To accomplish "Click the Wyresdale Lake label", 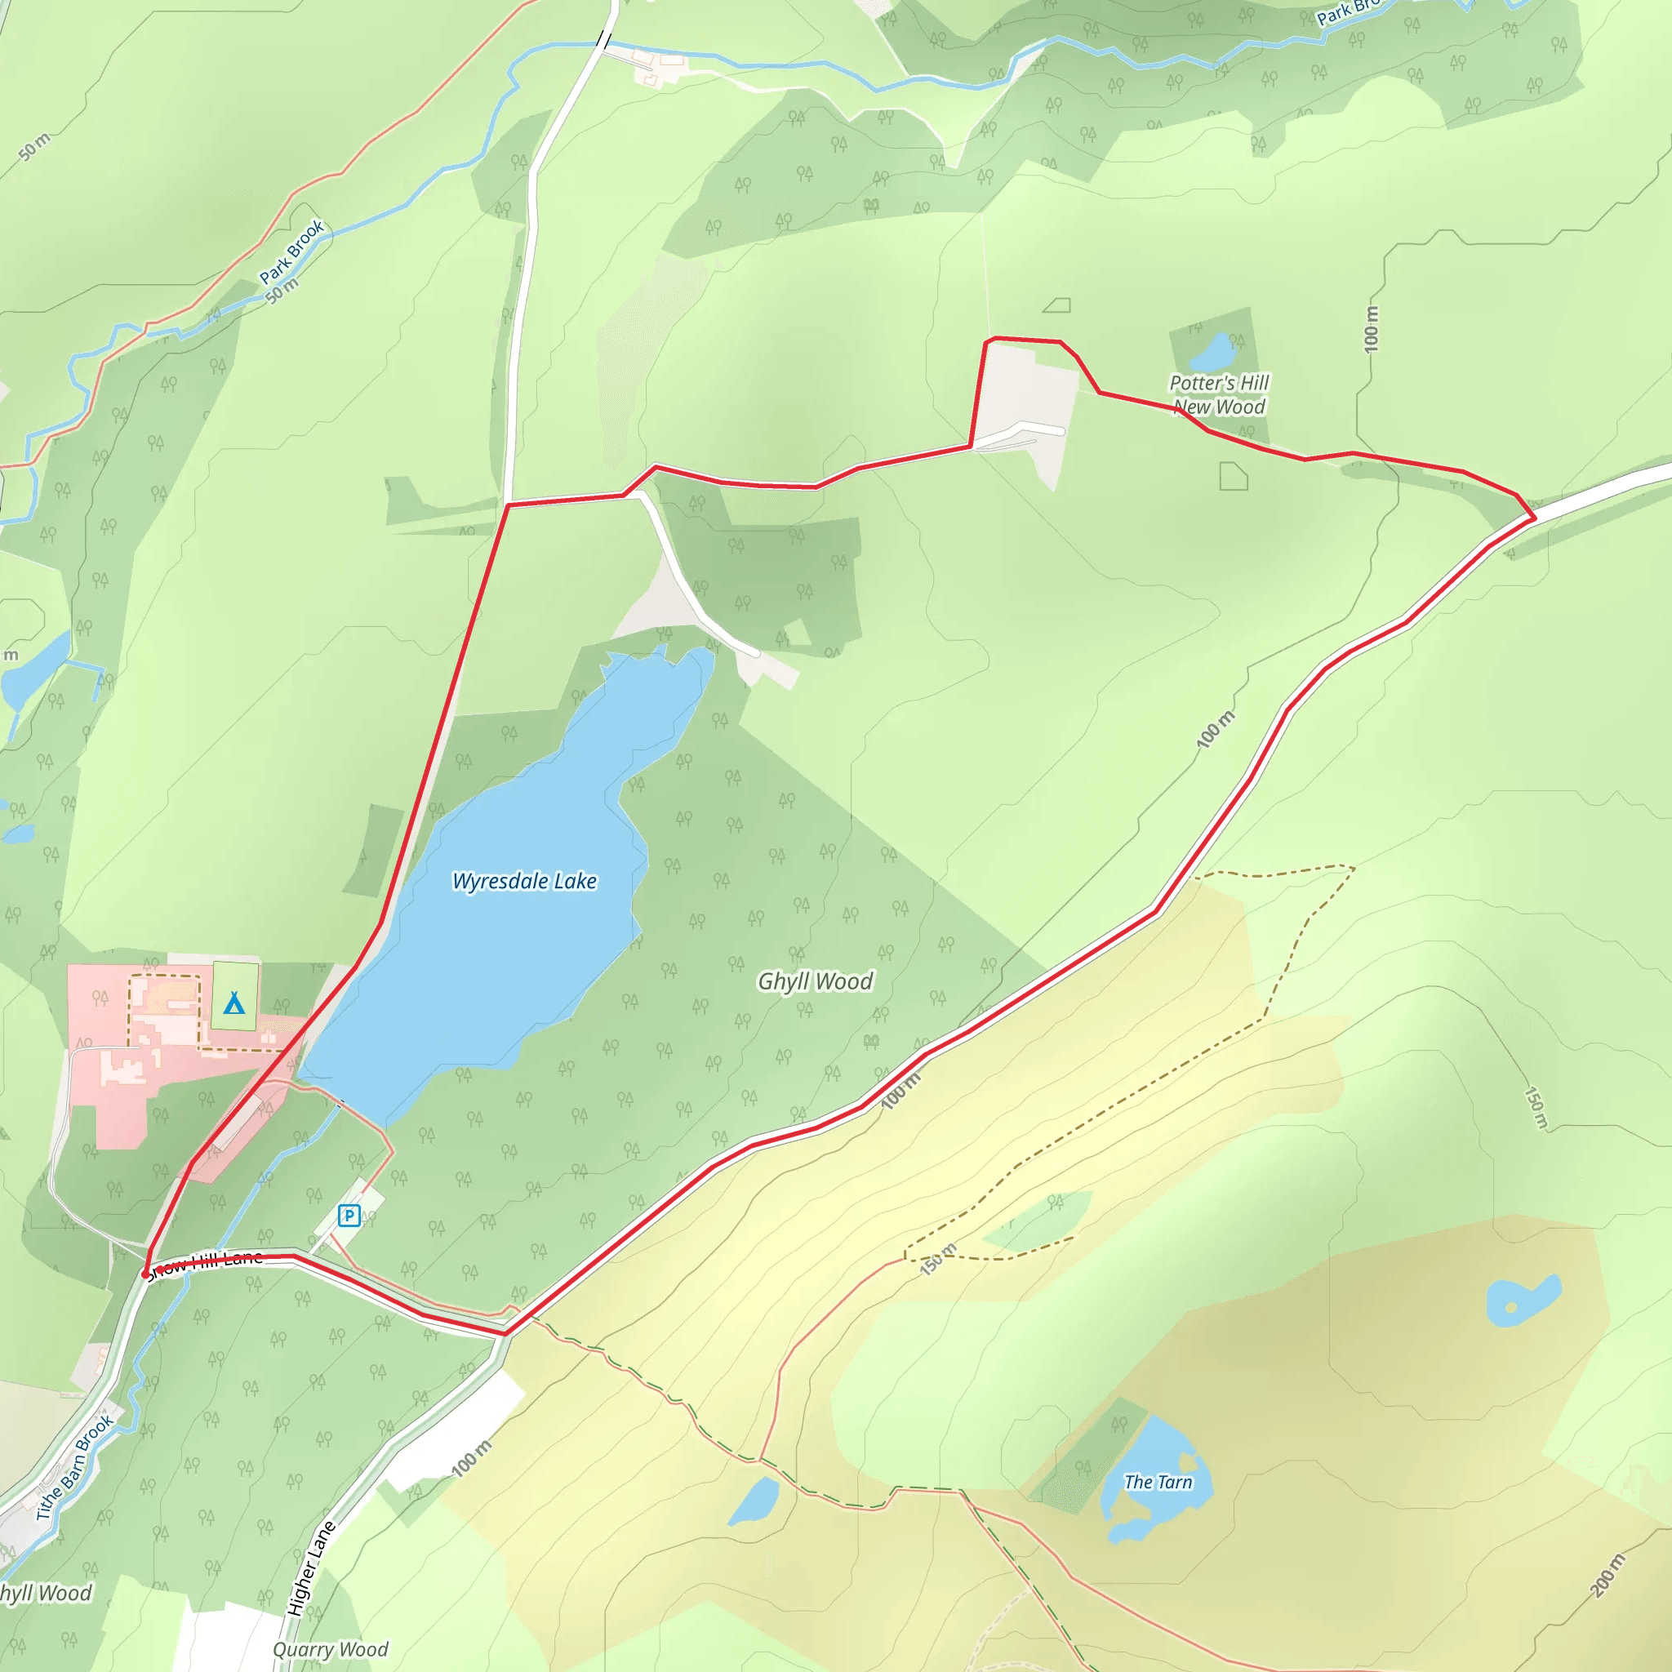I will (524, 881).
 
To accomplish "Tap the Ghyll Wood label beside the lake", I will (816, 981).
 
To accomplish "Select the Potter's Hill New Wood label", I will (1219, 394).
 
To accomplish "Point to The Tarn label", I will (1158, 1483).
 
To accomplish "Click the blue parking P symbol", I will (349, 1216).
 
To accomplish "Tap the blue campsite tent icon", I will (233, 1003).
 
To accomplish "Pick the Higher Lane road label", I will (311, 1568).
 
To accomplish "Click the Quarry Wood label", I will (331, 1649).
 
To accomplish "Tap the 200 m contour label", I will (1608, 1575).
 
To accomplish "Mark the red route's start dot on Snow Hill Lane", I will (145, 1274).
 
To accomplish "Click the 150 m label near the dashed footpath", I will (938, 1259).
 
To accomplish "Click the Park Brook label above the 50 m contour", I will (291, 251).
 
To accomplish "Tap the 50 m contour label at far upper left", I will (34, 147).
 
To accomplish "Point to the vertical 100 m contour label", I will (1371, 329).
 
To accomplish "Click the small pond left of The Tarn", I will (753, 1501).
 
